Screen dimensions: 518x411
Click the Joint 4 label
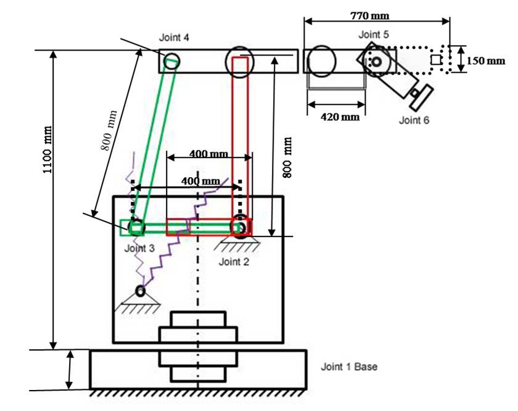[174, 38]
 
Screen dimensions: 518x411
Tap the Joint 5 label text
[374, 35]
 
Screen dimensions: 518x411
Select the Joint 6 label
[414, 120]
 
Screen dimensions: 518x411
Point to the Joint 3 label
[139, 248]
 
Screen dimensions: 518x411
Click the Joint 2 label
[234, 262]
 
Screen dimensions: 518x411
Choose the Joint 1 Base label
[349, 367]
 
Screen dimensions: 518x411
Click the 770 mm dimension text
[369, 15]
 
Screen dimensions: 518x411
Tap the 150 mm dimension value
[486, 61]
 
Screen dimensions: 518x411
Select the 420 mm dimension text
[340, 117]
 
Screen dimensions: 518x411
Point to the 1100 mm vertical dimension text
[47, 149]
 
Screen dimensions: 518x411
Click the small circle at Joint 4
[172, 61]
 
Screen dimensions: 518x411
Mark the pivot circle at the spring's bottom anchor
[141, 291]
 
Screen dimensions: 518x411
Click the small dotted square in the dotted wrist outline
[436, 60]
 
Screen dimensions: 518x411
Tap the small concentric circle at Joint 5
[376, 62]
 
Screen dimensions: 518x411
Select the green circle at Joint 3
[136, 228]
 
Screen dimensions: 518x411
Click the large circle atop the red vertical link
[240, 62]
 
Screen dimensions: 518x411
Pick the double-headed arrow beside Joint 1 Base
[69, 370]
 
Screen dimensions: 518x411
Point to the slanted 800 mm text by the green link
[109, 130]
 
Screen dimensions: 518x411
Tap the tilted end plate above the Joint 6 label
[422, 98]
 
